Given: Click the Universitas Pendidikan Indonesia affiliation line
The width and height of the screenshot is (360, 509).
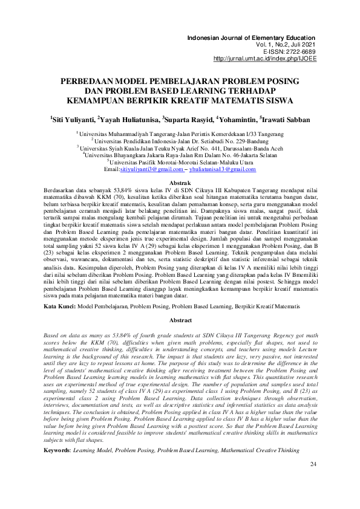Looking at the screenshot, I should [x=179, y=140].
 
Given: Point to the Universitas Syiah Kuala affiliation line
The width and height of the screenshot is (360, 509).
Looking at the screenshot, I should [x=179, y=147].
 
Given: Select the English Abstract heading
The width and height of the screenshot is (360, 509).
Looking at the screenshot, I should [x=180, y=320].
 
